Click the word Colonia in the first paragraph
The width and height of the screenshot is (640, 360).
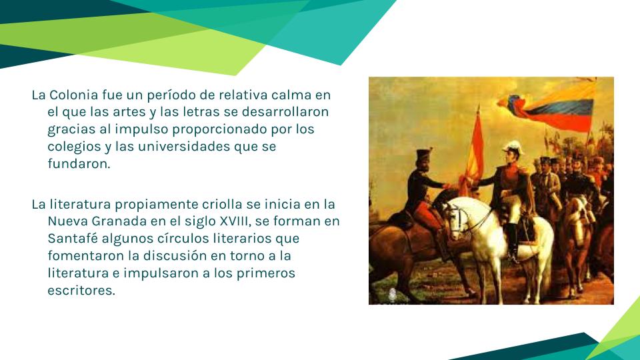pyautogui.click(x=74, y=95)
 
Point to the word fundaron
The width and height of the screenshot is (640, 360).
pyautogui.click(x=79, y=163)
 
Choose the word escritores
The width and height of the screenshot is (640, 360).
pyautogui.click(x=81, y=290)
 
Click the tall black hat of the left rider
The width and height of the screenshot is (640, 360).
pyautogui.click(x=424, y=155)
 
